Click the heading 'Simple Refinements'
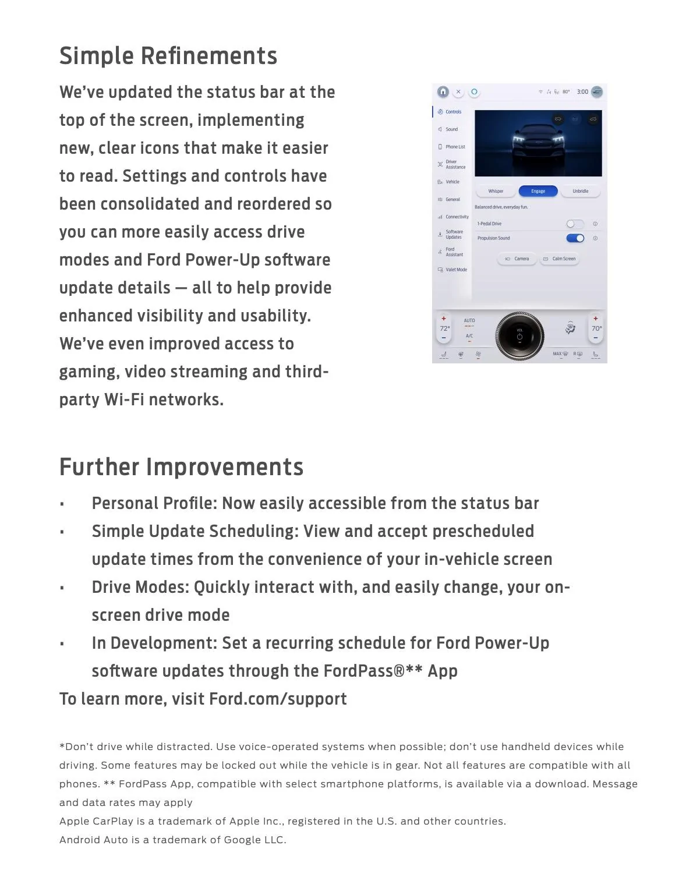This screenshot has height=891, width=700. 168,56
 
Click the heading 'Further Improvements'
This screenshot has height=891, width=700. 181,467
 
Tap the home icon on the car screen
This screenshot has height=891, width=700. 443,92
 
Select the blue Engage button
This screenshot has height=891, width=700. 538,191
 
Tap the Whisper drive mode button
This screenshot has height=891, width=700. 496,191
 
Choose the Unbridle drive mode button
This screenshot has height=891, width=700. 580,191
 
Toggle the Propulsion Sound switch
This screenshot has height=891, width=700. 575,238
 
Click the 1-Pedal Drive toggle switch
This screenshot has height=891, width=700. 575,224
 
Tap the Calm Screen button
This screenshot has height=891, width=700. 560,259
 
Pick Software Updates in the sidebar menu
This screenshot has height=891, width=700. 453,234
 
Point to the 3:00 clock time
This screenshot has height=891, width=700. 582,92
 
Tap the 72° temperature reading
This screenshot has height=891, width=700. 444,328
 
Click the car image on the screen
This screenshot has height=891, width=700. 538,143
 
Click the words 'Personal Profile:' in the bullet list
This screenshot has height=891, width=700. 154,503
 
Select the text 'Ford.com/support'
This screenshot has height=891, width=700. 278,699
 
